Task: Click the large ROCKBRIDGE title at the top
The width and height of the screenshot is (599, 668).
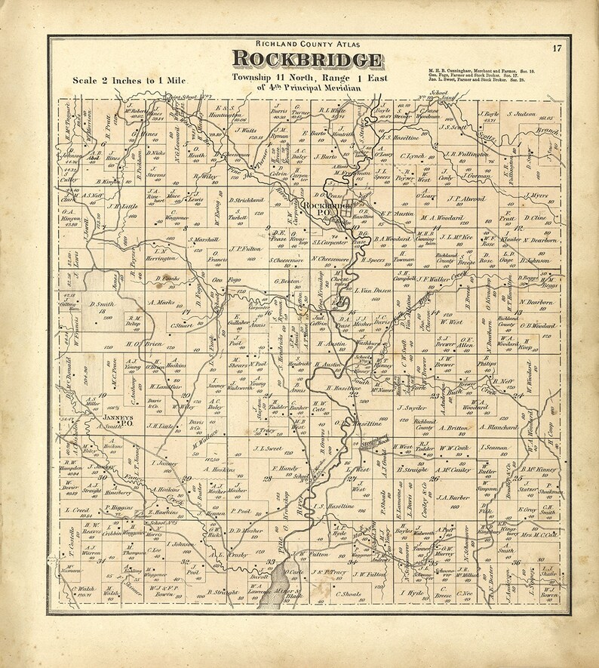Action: (x=306, y=60)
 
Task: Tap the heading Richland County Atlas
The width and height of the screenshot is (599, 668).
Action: (x=305, y=45)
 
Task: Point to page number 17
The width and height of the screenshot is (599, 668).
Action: (x=556, y=50)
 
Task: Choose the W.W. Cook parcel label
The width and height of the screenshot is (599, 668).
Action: (x=455, y=448)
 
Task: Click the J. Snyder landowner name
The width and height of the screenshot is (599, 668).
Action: (x=411, y=408)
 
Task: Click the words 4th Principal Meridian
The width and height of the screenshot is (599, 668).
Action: (x=305, y=88)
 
